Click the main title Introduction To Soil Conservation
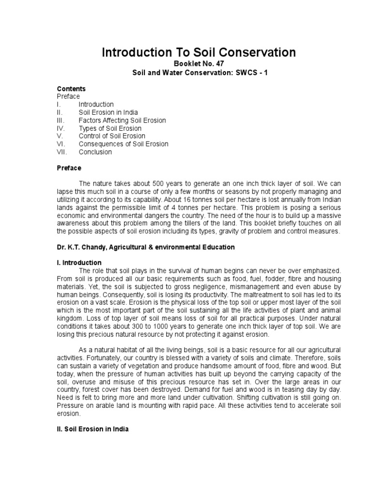198,53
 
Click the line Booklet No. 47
198,64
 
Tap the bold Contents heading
71,89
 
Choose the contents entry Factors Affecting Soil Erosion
122,120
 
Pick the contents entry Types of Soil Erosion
110,128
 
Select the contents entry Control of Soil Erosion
112,136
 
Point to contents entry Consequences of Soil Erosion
124,144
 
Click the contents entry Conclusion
95,152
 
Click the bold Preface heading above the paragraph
69,168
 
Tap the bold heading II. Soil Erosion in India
93,429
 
